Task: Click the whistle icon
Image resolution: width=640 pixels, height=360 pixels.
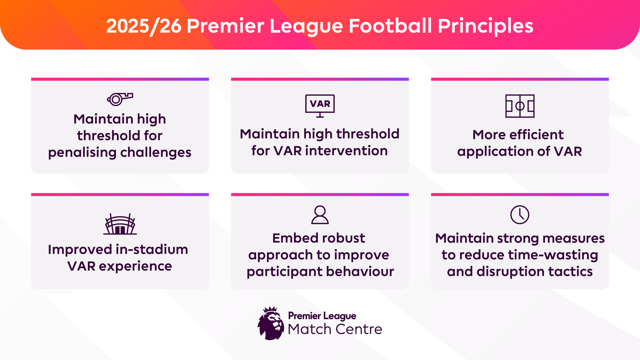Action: (120, 99)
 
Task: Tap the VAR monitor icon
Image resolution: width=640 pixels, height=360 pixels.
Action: (320, 105)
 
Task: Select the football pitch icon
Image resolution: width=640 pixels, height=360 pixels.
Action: (520, 106)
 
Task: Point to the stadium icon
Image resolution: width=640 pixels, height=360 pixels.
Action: (120, 224)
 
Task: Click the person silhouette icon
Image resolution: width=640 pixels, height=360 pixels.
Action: (320, 215)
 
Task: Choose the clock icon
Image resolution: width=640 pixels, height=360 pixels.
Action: (520, 215)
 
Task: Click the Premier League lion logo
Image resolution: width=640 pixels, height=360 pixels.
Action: (271, 323)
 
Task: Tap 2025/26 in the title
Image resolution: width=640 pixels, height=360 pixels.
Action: (144, 26)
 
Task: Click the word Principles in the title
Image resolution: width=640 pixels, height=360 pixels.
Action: (485, 26)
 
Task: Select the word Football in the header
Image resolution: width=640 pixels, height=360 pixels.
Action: (390, 26)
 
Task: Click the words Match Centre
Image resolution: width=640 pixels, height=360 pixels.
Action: (335, 329)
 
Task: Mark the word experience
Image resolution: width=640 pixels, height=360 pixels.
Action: (135, 266)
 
